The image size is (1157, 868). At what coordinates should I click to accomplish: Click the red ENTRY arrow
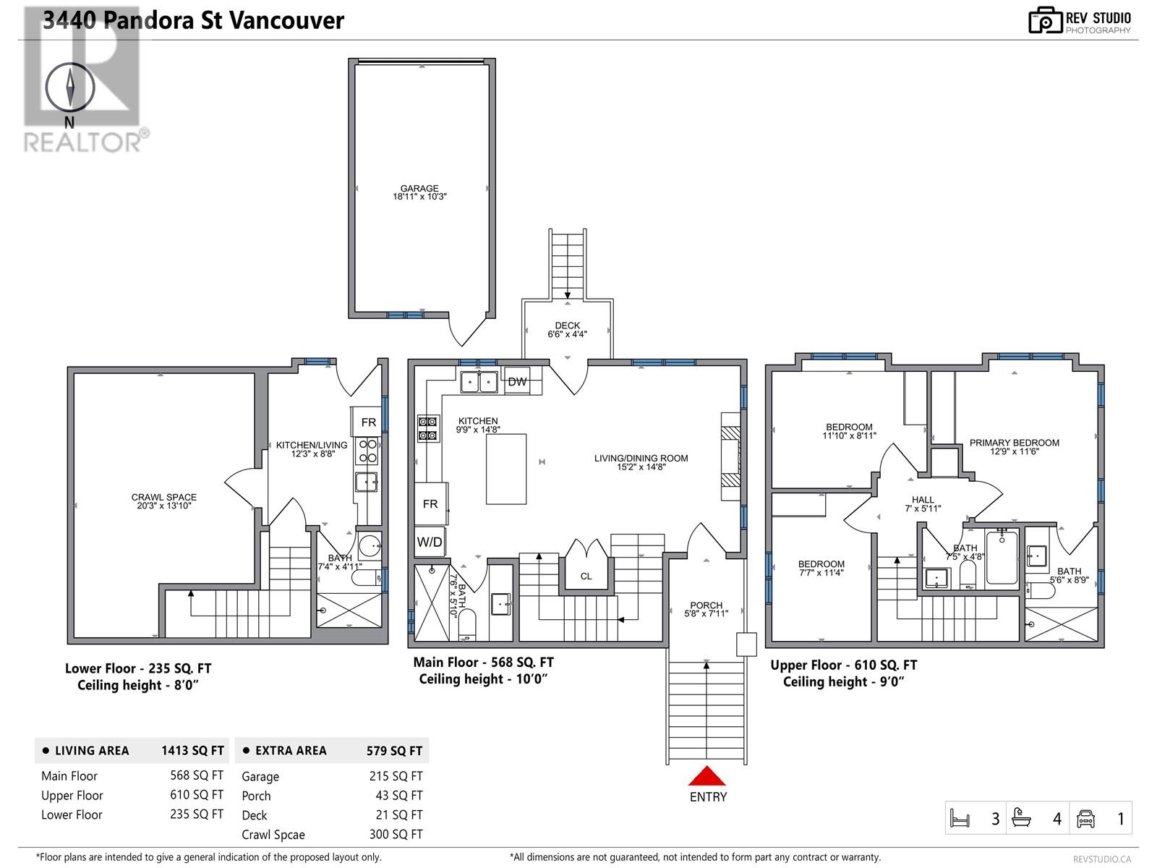[x=706, y=776]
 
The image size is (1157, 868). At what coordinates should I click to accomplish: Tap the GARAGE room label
[x=419, y=189]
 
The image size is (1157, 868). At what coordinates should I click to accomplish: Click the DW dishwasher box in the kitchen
[x=517, y=381]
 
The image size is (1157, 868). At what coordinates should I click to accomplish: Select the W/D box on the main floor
[x=430, y=541]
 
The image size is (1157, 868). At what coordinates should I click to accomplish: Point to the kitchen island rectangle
[x=505, y=469]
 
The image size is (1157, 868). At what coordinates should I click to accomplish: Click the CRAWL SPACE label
[x=164, y=498]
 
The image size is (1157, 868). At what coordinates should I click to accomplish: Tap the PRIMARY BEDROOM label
[x=1014, y=443]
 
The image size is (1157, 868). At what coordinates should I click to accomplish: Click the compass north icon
[x=70, y=88]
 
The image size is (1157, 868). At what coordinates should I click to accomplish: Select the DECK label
[x=568, y=326]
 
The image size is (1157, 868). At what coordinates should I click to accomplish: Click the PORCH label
[x=706, y=605]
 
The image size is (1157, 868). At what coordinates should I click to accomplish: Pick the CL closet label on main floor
[x=586, y=576]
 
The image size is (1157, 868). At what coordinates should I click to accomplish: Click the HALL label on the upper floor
[x=923, y=500]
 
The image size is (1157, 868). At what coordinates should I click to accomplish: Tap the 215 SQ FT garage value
[x=396, y=776]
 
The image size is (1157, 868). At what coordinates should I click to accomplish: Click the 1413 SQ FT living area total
[x=192, y=751]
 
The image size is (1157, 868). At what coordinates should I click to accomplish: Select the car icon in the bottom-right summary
[x=1085, y=818]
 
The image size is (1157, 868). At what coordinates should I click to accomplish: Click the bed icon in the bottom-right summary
[x=959, y=818]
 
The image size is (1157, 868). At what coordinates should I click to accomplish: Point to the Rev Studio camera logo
[x=1045, y=21]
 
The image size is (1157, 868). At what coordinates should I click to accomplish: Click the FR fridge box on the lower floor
[x=369, y=422]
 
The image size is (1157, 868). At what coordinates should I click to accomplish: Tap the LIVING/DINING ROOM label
[x=641, y=459]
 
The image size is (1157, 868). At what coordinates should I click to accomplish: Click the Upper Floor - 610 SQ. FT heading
[x=843, y=665]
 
